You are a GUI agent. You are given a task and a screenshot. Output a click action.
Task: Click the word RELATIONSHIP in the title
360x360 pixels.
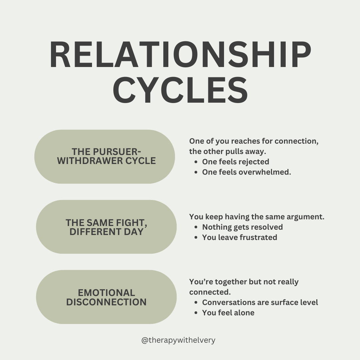[180, 55]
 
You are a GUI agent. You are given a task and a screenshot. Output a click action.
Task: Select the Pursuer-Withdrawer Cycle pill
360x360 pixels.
[105, 157]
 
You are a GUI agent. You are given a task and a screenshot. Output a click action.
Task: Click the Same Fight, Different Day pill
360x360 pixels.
[106, 227]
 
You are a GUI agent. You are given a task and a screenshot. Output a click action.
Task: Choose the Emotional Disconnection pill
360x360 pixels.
[106, 297]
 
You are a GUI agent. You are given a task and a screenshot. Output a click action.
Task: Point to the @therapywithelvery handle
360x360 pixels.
[178, 340]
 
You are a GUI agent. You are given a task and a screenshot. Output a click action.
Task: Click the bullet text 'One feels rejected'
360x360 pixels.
[235, 162]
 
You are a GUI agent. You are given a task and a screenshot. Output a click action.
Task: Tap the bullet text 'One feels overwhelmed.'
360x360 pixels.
[247, 172]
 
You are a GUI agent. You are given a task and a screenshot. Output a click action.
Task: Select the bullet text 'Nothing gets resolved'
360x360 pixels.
[242, 227]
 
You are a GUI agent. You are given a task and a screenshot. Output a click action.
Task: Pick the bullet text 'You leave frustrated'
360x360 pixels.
[239, 237]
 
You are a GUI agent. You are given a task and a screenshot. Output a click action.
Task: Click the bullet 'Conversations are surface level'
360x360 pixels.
[260, 302]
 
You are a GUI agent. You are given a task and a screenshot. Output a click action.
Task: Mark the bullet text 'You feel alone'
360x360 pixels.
[228, 313]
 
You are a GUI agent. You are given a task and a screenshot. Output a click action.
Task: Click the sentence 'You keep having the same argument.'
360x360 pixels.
[257, 217]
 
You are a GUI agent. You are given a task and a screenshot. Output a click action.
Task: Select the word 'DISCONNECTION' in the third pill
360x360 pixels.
[106, 302]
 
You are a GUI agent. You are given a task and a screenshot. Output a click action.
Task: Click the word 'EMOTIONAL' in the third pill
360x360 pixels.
[106, 293]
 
